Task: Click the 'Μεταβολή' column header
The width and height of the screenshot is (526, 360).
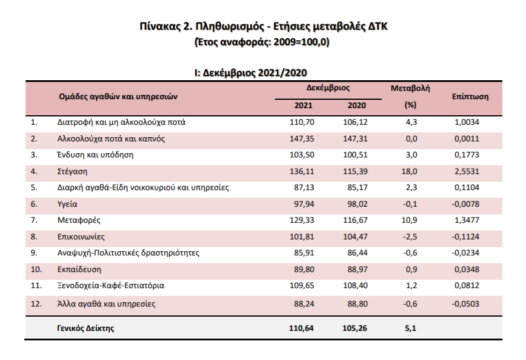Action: [x=410, y=88]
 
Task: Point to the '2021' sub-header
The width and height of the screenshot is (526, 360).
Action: [x=304, y=105]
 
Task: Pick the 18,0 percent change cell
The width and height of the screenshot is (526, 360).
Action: [x=410, y=171]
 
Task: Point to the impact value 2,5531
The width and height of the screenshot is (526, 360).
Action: [x=466, y=171]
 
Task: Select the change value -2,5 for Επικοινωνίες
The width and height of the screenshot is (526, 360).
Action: [x=409, y=236]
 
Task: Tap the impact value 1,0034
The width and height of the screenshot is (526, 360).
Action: [x=466, y=122]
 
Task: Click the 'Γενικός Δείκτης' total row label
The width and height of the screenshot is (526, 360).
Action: [x=86, y=327]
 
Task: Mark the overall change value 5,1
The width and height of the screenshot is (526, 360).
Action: [x=410, y=327]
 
